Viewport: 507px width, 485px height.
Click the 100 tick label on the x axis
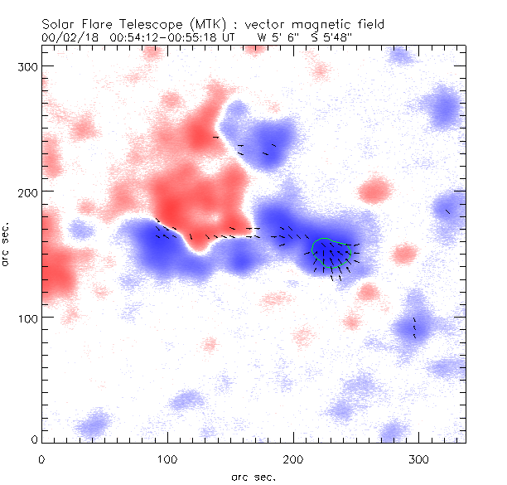click(x=167, y=458)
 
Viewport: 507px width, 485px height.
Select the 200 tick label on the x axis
click(x=293, y=458)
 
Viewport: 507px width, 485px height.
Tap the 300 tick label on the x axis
click(x=419, y=458)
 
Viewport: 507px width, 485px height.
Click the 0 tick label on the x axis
click(x=41, y=458)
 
